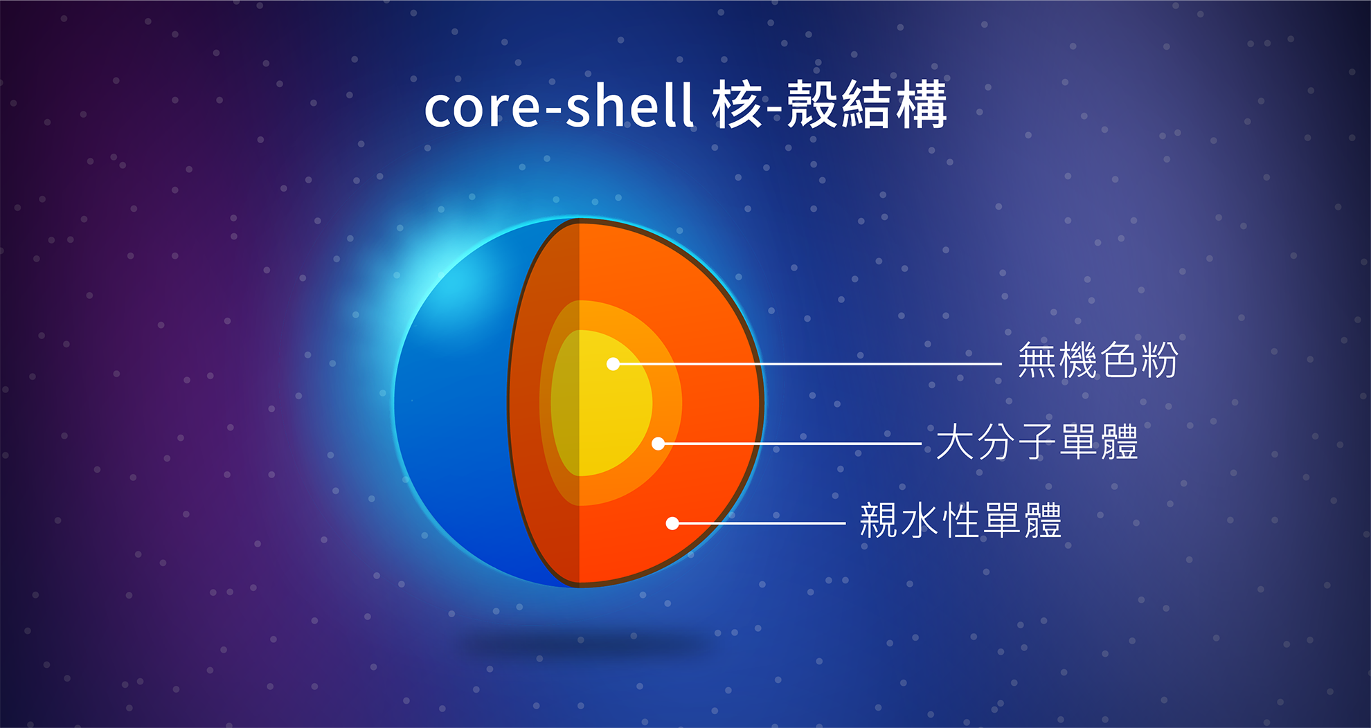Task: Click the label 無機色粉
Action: tap(1098, 361)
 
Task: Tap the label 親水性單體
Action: tap(960, 520)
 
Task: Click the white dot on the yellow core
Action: tap(613, 363)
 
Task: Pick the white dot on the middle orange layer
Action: tap(658, 444)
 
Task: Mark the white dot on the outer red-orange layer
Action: tap(672, 523)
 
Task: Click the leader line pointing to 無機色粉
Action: tap(807, 363)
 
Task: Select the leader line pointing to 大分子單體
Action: tap(790, 444)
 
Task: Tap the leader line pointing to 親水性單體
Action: tap(759, 523)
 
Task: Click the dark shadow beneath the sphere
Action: tap(585, 646)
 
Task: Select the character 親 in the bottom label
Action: tap(879, 520)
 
